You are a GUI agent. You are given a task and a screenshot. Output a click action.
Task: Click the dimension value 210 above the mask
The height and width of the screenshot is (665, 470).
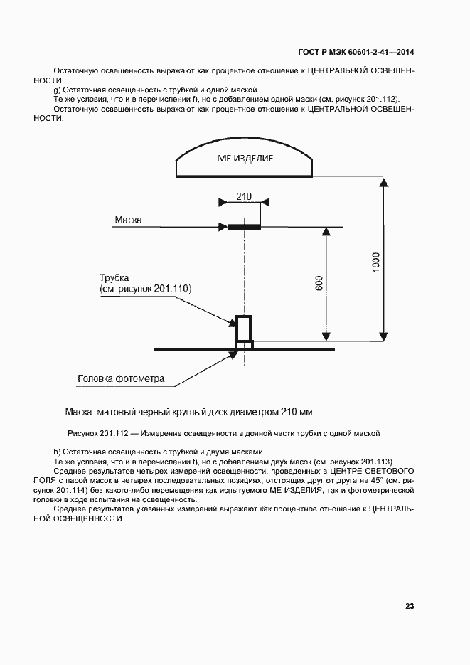(244, 196)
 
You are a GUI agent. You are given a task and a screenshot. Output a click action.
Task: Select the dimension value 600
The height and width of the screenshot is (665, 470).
(319, 283)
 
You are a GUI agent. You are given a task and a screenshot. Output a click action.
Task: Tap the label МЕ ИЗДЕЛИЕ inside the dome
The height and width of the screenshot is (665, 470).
(245, 159)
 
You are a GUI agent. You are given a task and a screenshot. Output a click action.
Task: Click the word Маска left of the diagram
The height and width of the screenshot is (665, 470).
(128, 220)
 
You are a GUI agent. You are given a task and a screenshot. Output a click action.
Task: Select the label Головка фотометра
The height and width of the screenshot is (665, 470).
(121, 378)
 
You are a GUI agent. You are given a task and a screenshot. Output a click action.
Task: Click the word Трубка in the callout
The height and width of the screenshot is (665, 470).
(114, 277)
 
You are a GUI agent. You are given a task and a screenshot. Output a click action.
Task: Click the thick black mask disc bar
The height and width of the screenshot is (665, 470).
(244, 228)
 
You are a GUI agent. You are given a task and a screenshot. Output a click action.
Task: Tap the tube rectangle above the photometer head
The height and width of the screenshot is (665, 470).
(244, 329)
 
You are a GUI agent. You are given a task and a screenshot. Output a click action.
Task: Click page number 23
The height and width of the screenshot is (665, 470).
(410, 606)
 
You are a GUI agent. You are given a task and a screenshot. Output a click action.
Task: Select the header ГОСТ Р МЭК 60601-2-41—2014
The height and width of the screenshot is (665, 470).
(356, 52)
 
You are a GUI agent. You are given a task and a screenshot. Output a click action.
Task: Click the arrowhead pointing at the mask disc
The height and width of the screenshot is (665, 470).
(222, 228)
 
